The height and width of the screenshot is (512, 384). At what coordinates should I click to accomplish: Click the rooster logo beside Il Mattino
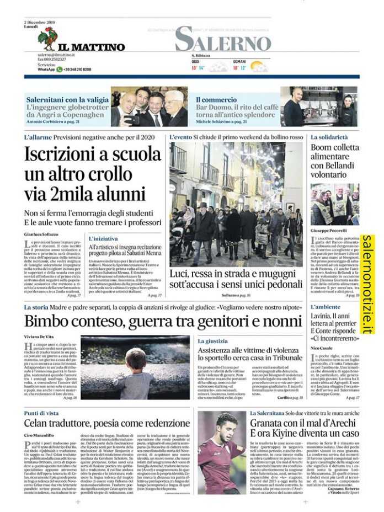pos(47,39)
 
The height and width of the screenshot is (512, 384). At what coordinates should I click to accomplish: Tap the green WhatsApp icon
pos(60,70)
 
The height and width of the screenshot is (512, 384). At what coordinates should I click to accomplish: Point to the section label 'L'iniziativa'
pos(103,238)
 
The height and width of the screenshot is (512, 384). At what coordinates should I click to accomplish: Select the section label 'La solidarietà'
pos(329,136)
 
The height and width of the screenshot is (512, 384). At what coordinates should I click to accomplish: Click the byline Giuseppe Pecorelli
pos(328,230)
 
